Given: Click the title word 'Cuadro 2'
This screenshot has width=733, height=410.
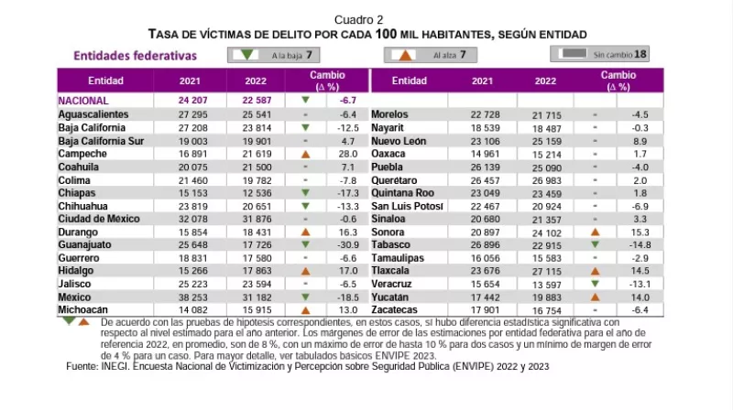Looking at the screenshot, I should point(359,19).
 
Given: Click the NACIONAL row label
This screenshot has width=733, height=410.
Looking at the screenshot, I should point(83,101).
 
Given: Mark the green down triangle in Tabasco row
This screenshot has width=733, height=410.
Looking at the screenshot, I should point(595,245).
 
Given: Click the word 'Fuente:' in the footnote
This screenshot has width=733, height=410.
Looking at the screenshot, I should point(85,366).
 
